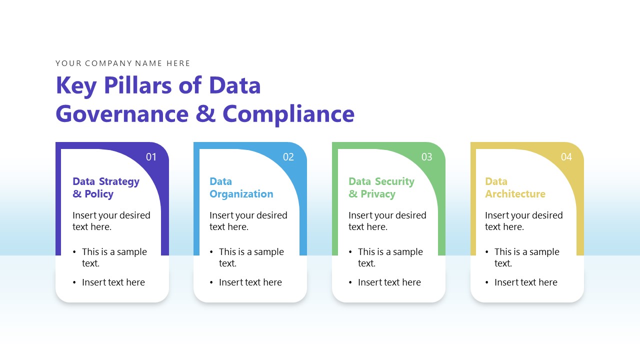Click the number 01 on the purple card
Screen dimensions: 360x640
click(x=151, y=157)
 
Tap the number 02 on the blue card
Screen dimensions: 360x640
click(x=288, y=157)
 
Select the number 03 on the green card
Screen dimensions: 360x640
click(x=426, y=157)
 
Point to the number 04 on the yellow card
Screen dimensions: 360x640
click(x=566, y=157)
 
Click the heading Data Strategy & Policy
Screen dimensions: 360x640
click(x=106, y=187)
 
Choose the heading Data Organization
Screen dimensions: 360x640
click(x=241, y=187)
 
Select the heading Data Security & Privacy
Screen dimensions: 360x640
click(x=381, y=187)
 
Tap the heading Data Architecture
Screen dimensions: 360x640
click(x=515, y=187)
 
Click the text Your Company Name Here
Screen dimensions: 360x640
click(x=123, y=63)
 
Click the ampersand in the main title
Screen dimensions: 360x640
click(x=205, y=114)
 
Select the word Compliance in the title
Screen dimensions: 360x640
click(x=288, y=114)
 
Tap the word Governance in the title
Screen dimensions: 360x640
click(x=122, y=114)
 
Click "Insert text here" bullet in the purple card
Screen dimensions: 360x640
click(x=113, y=282)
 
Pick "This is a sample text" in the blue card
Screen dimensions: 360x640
click(x=251, y=257)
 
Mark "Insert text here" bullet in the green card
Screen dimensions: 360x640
click(x=389, y=282)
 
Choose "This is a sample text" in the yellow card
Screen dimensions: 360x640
click(x=526, y=257)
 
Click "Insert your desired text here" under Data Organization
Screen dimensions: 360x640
click(x=248, y=221)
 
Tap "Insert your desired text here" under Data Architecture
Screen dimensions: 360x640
click(x=523, y=221)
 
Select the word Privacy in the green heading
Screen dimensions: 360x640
click(x=377, y=194)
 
